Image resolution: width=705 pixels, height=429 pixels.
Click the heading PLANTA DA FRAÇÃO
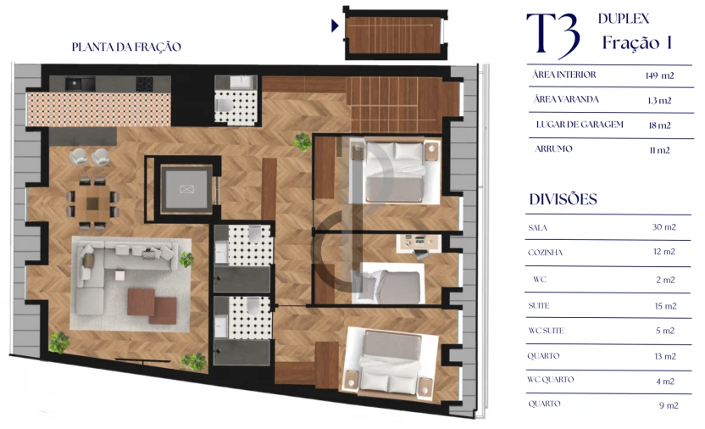point(126,47)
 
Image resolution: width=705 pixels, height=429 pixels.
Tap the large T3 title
point(552,36)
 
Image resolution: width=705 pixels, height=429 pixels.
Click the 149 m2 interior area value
point(658,75)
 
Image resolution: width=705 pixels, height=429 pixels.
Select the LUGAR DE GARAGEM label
point(580,125)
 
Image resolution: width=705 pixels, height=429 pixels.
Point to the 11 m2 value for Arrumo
point(658,150)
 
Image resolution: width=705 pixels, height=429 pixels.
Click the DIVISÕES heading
point(563,200)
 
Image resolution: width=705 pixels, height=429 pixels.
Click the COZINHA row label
point(545,253)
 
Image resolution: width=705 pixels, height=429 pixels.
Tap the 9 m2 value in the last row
point(669,405)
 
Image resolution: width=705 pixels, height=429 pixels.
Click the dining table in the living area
point(92,200)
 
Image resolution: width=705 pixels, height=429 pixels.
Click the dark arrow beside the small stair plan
point(335,26)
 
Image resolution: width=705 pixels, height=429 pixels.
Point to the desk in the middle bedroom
point(417,242)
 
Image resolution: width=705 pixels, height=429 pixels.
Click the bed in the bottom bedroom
point(391,362)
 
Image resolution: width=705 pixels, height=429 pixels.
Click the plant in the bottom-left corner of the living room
point(58,342)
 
